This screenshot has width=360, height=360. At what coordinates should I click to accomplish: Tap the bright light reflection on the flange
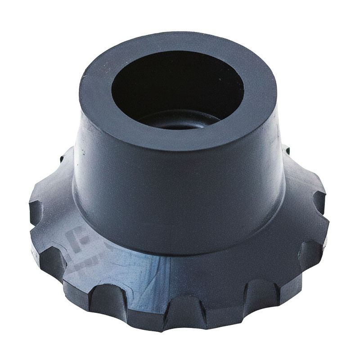pos(148,270)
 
